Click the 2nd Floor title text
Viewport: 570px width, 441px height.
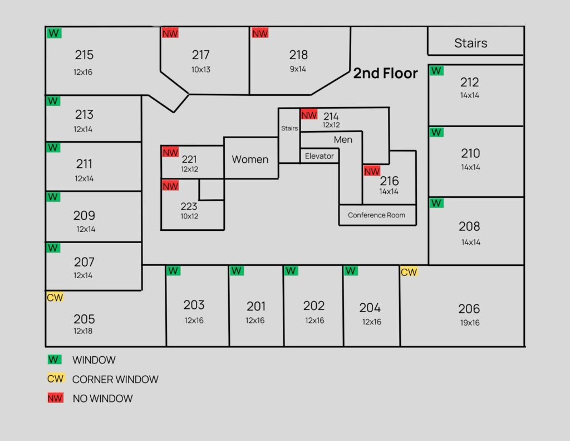[x=385, y=73]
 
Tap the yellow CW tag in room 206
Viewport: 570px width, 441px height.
[x=409, y=272]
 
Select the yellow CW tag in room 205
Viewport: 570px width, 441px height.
[x=55, y=297]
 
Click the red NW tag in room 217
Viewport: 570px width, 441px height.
[x=170, y=33]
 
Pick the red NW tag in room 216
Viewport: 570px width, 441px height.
[x=372, y=171]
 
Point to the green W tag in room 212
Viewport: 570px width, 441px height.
[x=436, y=71]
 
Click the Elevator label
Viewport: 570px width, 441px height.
[x=320, y=156]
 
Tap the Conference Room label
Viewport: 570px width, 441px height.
[x=377, y=215]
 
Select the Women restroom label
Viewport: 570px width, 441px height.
[x=250, y=159]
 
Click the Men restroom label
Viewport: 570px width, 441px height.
[x=343, y=139]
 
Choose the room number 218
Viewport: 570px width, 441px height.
[x=298, y=55]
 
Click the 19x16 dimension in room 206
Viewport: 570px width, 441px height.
[x=469, y=323]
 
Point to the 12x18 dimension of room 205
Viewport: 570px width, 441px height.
[x=83, y=331]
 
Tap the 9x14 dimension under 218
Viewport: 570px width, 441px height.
[x=298, y=69]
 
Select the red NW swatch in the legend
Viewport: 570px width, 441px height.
[x=55, y=398]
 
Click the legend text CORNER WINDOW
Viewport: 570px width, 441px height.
[x=115, y=380]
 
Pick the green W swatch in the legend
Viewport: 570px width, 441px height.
[x=55, y=360]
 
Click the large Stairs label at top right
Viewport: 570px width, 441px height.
[x=470, y=43]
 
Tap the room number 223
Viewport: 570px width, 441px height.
[x=189, y=206]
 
